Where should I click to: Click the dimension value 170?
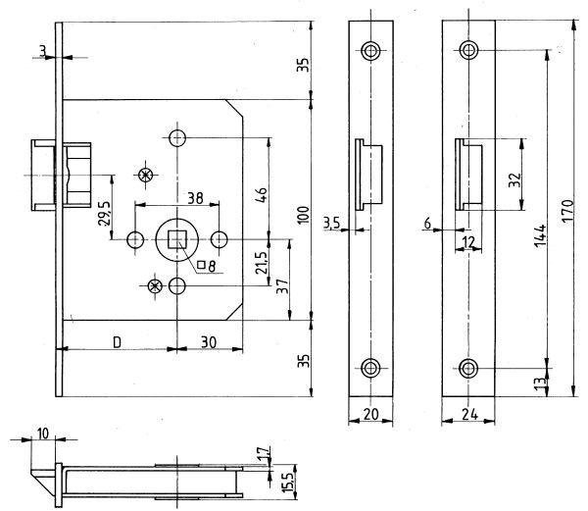click(569, 211)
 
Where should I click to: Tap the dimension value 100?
click(303, 214)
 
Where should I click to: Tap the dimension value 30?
click(209, 341)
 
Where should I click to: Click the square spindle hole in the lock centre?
click(177, 237)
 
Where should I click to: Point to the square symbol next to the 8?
click(201, 264)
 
